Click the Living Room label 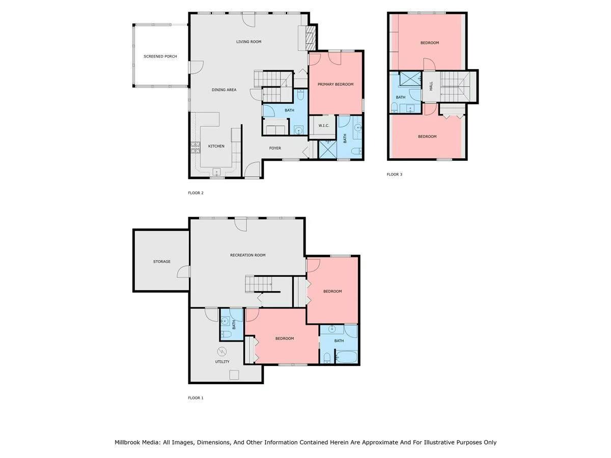pyautogui.click(x=248, y=42)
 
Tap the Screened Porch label pyautogui.click(x=160, y=56)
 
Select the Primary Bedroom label pyautogui.click(x=336, y=84)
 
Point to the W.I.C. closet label pyautogui.click(x=324, y=126)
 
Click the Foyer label pyautogui.click(x=275, y=148)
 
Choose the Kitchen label pyautogui.click(x=216, y=146)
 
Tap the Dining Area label pyautogui.click(x=224, y=90)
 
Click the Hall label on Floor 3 pyautogui.click(x=431, y=86)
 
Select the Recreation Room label pyautogui.click(x=248, y=255)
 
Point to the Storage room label pyautogui.click(x=162, y=262)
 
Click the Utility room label pyautogui.click(x=222, y=361)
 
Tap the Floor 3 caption pyautogui.click(x=395, y=175)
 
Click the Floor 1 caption pyautogui.click(x=196, y=397)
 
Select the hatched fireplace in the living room pyautogui.click(x=311, y=38)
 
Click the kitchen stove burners pyautogui.click(x=196, y=148)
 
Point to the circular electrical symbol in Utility pyautogui.click(x=222, y=352)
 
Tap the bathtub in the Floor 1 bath pyautogui.click(x=346, y=357)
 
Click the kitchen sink pyautogui.click(x=216, y=172)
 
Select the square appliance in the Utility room pyautogui.click(x=234, y=375)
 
